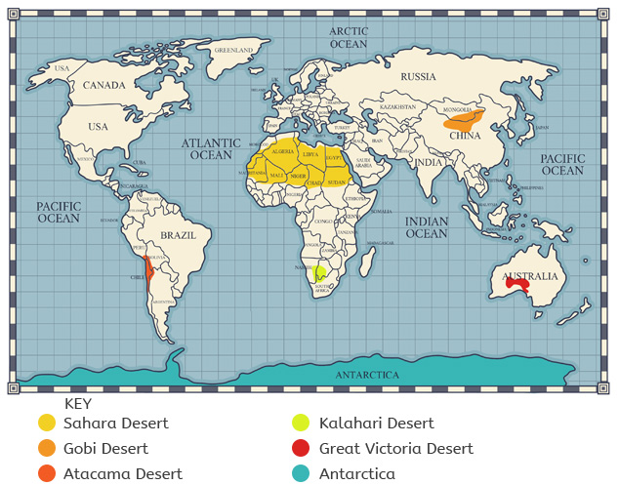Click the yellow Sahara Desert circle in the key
pyautogui.click(x=47, y=423)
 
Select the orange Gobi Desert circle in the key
pyautogui.click(x=47, y=449)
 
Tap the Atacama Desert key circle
pyautogui.click(x=47, y=474)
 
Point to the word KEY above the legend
pyautogui.click(x=78, y=402)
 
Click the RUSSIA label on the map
pyautogui.click(x=418, y=76)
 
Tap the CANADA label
pyautogui.click(x=103, y=85)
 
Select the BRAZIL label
pyautogui.click(x=178, y=235)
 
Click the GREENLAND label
pyautogui.click(x=233, y=49)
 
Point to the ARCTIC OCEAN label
pyautogui.click(x=349, y=37)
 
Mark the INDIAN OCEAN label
pyautogui.click(x=427, y=227)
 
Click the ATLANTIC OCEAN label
pyautogui.click(x=211, y=148)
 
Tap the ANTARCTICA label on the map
pyautogui.click(x=367, y=375)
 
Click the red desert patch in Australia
pyautogui.click(x=516, y=285)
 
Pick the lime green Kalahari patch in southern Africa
pyautogui.click(x=319, y=272)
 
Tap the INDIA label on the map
pyautogui.click(x=429, y=162)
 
